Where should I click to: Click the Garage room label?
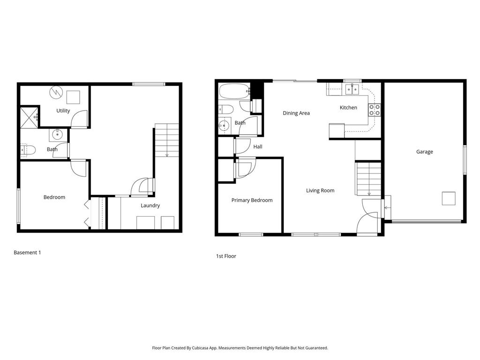point(424,152)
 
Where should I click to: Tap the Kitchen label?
point(348,108)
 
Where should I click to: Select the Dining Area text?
point(296,113)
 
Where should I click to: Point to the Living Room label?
point(320,191)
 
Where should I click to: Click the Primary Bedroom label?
point(252,201)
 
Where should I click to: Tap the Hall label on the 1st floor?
point(258,147)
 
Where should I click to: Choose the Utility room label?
point(63,111)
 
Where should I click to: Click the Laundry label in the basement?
point(150,205)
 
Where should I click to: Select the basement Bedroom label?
point(54,197)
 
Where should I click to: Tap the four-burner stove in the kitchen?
point(374,110)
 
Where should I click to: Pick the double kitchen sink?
point(352,89)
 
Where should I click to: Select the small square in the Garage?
point(449,199)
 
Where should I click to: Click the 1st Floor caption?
point(226,256)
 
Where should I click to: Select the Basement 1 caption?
point(27,253)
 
